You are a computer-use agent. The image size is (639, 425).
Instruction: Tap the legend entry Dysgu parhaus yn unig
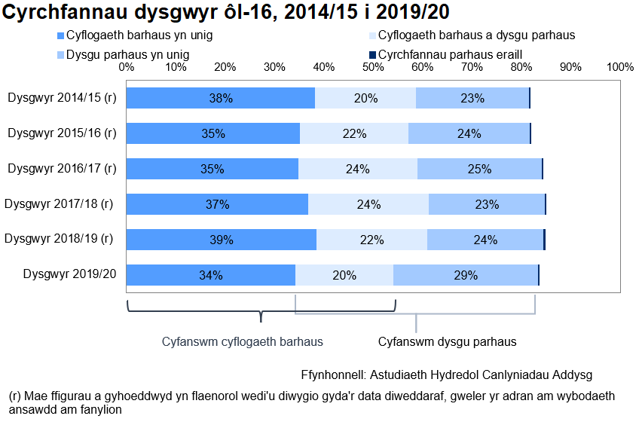click(127, 54)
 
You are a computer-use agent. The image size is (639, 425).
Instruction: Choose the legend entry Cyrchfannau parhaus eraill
click(450, 54)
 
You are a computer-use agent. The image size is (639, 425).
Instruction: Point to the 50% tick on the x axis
click(373, 67)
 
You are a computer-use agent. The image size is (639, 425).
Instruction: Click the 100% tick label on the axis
click(619, 67)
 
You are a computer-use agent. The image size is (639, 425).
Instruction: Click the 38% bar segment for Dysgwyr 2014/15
click(220, 98)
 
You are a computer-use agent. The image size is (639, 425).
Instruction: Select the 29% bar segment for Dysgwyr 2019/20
click(466, 275)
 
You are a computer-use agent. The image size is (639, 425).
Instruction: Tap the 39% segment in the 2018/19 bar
click(221, 240)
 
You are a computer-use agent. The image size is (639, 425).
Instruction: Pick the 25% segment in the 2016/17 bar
click(479, 169)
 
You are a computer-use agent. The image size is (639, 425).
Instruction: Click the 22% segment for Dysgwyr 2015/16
click(354, 133)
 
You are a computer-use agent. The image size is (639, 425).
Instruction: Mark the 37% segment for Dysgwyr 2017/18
click(217, 204)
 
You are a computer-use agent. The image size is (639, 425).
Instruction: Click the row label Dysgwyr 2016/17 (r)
click(62, 169)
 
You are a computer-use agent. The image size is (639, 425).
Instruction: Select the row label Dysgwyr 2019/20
click(70, 275)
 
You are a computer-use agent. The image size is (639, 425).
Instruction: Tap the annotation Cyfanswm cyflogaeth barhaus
click(243, 341)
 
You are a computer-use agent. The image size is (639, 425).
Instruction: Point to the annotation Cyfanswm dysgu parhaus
click(447, 341)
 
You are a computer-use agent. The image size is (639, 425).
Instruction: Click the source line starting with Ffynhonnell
click(447, 375)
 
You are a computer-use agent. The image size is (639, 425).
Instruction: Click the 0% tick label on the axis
click(127, 67)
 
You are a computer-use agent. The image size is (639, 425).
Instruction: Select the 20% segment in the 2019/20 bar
click(344, 275)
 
